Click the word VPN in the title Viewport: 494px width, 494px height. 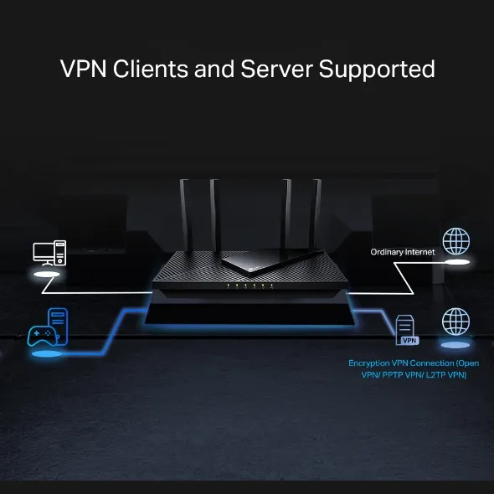click(x=84, y=69)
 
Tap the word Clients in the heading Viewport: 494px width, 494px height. click(x=149, y=69)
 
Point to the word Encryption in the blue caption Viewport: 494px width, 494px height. click(x=370, y=363)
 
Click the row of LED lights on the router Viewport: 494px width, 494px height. click(x=247, y=286)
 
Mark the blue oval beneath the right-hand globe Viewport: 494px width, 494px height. click(x=455, y=345)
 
